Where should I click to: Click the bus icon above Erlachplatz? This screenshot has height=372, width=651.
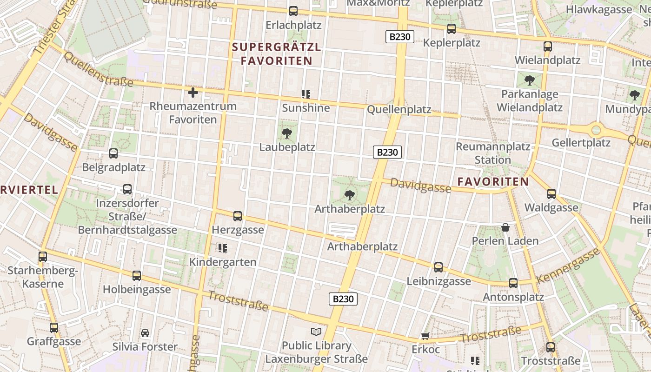[x=293, y=11]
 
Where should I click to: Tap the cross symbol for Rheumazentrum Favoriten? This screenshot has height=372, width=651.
[x=193, y=93]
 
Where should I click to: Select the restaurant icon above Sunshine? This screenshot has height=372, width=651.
[x=306, y=94]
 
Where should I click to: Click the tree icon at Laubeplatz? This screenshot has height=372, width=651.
[x=287, y=134]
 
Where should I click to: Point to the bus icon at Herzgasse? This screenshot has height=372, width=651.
[x=238, y=216]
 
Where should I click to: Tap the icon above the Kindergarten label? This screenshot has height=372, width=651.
[x=223, y=248]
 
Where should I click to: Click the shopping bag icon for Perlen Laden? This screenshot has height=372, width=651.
[x=505, y=227]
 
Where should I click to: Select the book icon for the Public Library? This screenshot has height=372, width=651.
[x=316, y=332]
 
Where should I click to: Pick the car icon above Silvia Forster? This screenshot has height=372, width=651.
[x=145, y=333]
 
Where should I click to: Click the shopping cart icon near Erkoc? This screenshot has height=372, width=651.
[x=425, y=336]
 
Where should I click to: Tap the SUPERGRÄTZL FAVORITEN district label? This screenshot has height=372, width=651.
[x=277, y=54]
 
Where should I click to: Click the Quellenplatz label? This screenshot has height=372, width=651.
[x=399, y=110]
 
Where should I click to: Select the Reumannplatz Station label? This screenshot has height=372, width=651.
[x=493, y=153]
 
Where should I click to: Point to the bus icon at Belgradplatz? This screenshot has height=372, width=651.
[x=113, y=153]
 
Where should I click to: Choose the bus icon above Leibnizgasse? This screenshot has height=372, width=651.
[x=438, y=267]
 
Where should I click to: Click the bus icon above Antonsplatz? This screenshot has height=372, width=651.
[x=513, y=283]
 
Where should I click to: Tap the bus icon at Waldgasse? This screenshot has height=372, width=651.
[x=551, y=194]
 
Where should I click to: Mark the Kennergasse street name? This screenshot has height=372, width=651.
[x=568, y=266]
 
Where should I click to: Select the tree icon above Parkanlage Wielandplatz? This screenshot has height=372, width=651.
[x=529, y=80]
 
